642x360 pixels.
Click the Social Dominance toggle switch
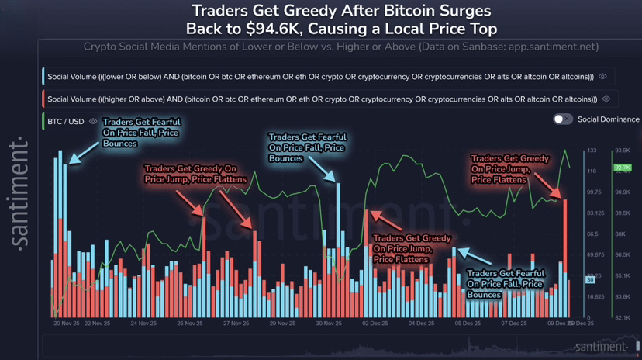pos(562,119)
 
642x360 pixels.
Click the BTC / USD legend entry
pos(66,121)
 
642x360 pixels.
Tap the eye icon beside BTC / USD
pos(94,121)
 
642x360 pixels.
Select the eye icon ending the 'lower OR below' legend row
pos(603,77)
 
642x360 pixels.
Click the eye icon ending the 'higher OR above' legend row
pos(606,99)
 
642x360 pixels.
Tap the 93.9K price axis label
pos(622,150)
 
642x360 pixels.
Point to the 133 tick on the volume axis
pos(592,150)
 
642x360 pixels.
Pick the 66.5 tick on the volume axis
pos(592,234)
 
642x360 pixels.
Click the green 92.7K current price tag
pos(622,167)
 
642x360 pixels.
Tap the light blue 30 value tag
pos(590,279)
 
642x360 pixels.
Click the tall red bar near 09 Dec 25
pos(566,256)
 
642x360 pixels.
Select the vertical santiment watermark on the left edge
pos(21,194)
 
